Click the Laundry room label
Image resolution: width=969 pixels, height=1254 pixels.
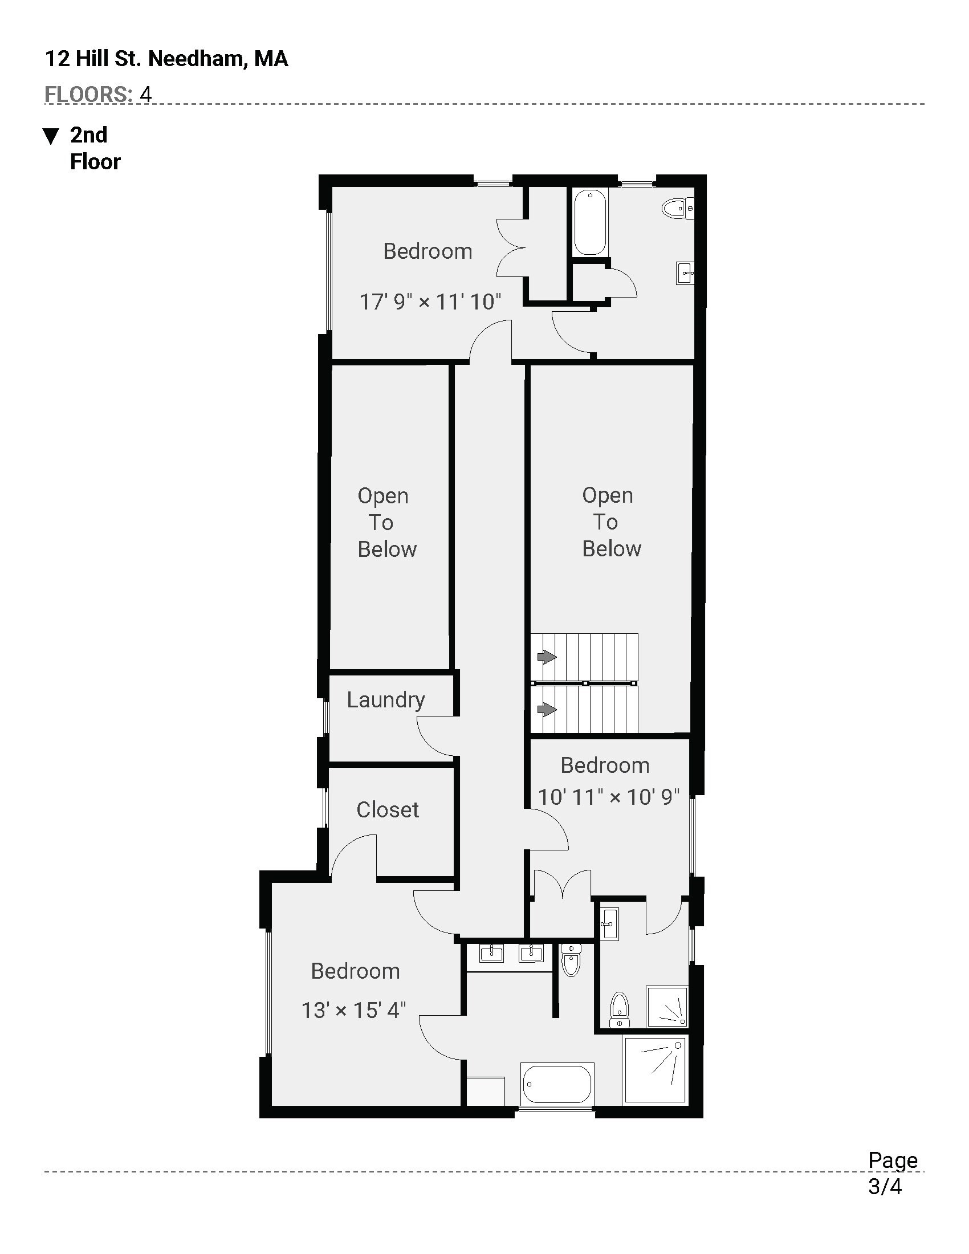[386, 700]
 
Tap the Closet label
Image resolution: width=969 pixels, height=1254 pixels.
[388, 809]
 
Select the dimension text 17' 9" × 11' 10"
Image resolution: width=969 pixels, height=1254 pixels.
[430, 302]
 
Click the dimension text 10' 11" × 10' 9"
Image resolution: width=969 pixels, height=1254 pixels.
[609, 797]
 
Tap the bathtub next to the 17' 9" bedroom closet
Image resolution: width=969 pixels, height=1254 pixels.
[590, 222]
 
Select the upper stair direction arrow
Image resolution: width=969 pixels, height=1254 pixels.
[547, 656]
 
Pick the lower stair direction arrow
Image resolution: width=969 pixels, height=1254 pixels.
[547, 710]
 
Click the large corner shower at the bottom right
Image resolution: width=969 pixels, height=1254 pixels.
[655, 1070]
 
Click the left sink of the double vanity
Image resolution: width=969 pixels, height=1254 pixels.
[491, 953]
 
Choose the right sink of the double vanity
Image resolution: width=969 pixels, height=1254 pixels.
[531, 953]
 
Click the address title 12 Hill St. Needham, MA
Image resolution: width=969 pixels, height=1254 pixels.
[166, 59]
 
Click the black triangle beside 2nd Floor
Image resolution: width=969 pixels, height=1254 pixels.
[51, 136]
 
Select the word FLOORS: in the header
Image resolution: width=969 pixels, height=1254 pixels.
[88, 94]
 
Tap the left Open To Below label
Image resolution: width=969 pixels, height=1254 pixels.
[385, 523]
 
